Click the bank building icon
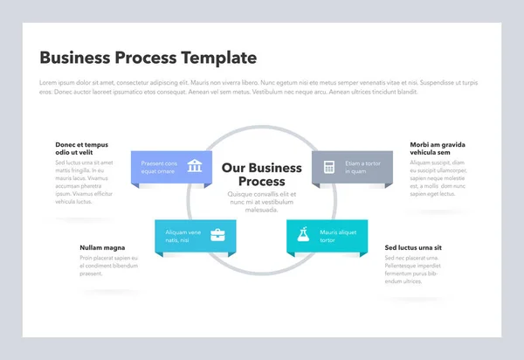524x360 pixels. [x=196, y=166]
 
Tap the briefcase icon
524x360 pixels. [x=217, y=234]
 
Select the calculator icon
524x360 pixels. [x=329, y=167]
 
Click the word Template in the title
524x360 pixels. [x=218, y=58]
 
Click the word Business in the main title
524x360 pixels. [x=75, y=58]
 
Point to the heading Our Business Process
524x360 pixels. [x=262, y=174]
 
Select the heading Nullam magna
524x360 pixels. [x=102, y=247]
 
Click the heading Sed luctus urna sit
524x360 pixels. [x=413, y=247]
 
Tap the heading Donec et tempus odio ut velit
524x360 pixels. [x=81, y=149]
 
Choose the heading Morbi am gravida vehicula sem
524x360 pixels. [x=437, y=149]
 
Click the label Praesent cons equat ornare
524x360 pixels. [x=159, y=167]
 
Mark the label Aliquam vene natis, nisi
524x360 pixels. [x=183, y=235]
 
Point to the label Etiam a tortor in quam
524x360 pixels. [x=362, y=167]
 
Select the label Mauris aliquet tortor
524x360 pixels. [x=338, y=235]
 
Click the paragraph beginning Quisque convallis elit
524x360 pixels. [x=262, y=202]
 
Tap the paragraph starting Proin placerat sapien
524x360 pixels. [x=108, y=266]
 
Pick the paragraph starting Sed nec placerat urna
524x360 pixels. [x=411, y=270]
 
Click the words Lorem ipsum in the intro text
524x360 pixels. [x=55, y=82]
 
